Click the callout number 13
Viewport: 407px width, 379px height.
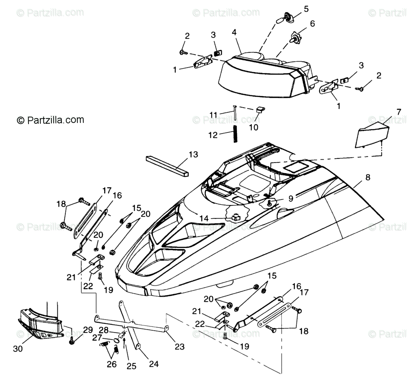point(193,154)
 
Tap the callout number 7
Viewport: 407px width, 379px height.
point(398,112)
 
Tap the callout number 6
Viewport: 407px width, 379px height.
point(312,23)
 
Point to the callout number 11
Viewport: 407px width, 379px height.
point(213,115)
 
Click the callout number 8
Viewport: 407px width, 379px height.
point(367,177)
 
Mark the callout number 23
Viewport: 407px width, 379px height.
point(180,347)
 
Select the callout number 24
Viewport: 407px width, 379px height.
point(154,364)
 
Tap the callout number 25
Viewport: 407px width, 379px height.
point(131,366)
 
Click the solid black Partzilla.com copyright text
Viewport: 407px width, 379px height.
point(50,120)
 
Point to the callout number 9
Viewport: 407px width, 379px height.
point(291,198)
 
